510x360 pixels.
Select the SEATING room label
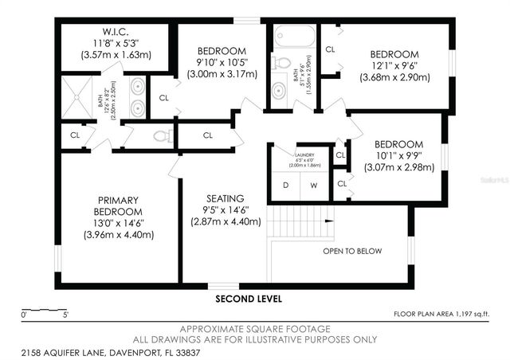pos(225,198)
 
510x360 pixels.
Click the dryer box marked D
pos(285,186)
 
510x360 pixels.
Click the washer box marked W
pos(313,186)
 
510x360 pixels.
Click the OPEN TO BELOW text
pos(351,251)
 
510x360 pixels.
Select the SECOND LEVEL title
pos(249,299)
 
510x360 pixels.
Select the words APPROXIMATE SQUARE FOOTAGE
pos(255,329)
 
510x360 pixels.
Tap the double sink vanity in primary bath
pos(137,96)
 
